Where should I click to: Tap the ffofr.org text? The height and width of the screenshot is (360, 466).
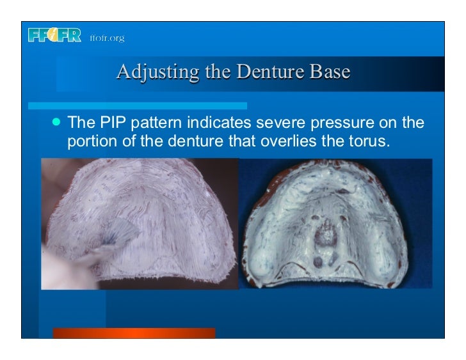tap(107, 38)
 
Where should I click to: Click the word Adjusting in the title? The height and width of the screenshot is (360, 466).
tap(151, 72)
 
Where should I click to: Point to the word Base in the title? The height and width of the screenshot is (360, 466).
tap(327, 72)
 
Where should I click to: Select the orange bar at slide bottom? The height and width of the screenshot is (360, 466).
tap(134, 333)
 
